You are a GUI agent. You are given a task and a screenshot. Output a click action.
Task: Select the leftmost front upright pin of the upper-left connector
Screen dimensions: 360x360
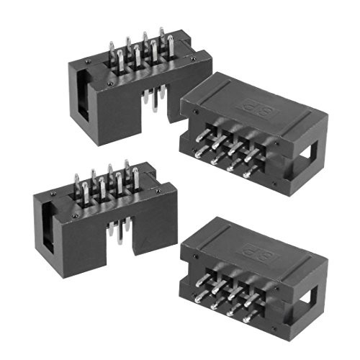tap(120, 63)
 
